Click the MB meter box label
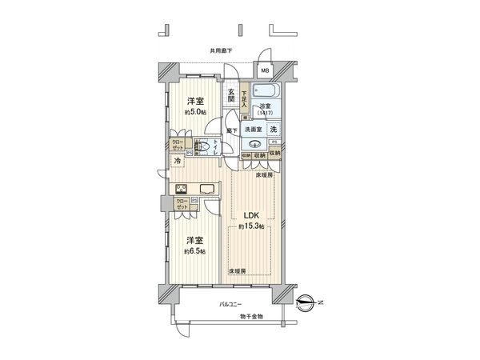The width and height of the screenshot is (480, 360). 265,70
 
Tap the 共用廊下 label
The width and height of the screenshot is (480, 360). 221,50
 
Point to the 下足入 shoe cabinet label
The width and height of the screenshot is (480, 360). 245,102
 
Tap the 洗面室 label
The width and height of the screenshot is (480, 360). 254,129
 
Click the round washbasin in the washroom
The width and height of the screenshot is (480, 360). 254,145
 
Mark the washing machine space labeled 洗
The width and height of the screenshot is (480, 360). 274,129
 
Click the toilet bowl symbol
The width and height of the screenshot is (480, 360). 203,147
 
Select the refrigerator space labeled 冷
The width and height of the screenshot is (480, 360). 177,162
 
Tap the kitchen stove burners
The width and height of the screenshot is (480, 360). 181,190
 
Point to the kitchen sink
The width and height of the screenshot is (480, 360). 204,190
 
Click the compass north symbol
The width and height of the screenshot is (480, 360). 306,302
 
